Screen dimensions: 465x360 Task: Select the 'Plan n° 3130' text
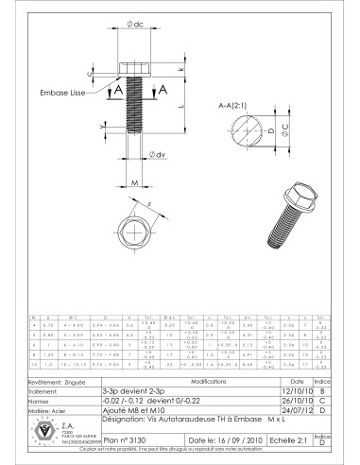(127, 439)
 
